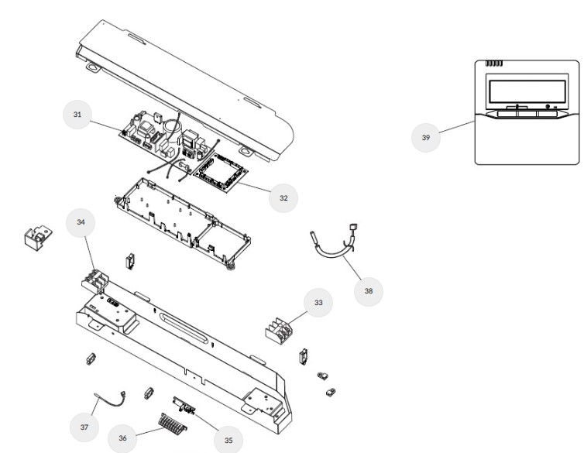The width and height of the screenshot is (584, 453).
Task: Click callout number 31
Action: (x=77, y=114)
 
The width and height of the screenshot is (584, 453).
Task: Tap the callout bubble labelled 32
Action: (x=283, y=198)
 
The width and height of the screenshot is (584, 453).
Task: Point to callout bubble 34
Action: (x=81, y=222)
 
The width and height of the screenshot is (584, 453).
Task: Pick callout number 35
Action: (x=228, y=439)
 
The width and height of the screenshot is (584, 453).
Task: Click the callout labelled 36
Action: (x=122, y=438)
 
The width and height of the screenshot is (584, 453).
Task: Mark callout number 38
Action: (x=368, y=291)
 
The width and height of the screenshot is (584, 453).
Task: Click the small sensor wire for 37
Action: (x=110, y=400)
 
